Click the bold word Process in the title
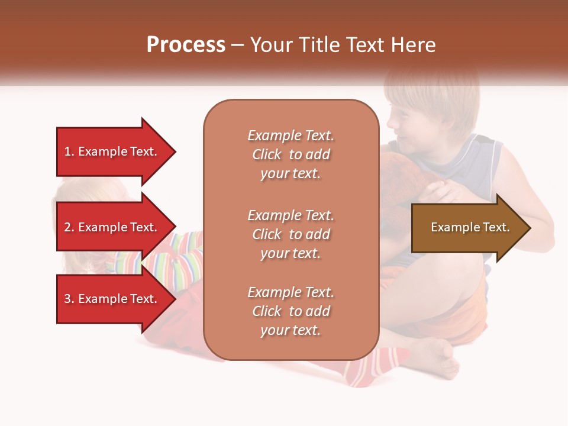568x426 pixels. pos(186,45)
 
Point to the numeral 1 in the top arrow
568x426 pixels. pos(67,151)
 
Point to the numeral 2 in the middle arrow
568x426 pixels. pos(67,227)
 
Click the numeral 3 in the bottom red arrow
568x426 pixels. pos(67,299)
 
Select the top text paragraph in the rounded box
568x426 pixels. pos(291,154)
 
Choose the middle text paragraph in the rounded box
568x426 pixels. pos(291,234)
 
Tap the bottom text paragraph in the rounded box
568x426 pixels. pos(291,311)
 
